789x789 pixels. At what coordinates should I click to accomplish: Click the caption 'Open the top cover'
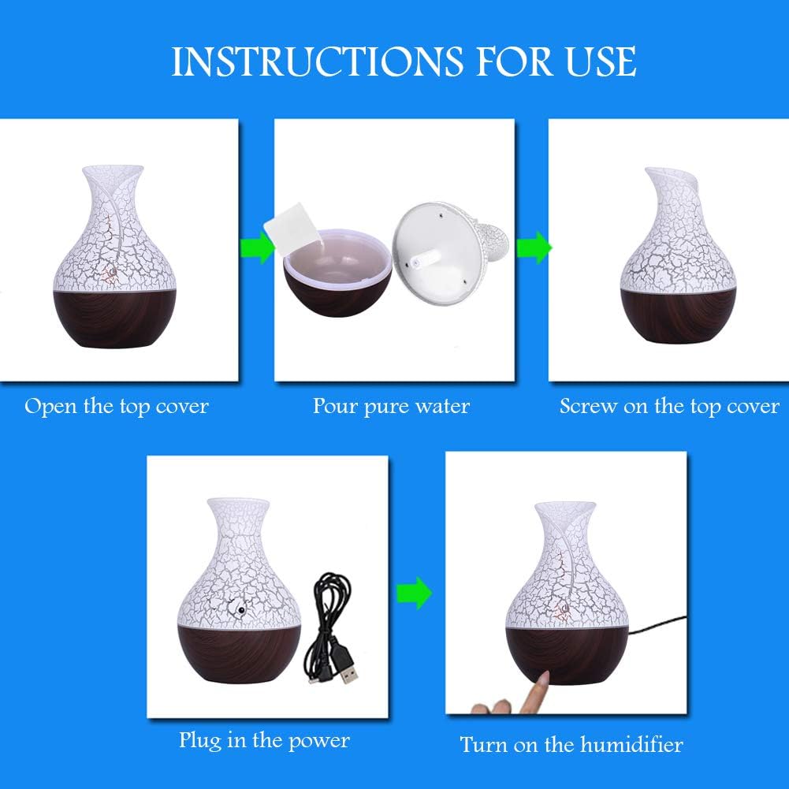(x=117, y=407)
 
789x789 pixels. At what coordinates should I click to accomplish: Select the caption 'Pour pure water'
(x=391, y=407)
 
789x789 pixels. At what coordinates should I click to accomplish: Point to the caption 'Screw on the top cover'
(x=669, y=407)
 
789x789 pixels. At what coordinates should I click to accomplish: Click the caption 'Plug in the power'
(x=264, y=740)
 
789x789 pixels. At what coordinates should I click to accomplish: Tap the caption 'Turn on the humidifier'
(x=571, y=744)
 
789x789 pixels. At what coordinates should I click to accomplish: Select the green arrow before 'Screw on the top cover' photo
(x=534, y=247)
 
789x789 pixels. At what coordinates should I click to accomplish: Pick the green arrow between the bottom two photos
(x=414, y=592)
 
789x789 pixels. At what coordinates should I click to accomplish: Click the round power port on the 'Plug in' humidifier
(x=235, y=609)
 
